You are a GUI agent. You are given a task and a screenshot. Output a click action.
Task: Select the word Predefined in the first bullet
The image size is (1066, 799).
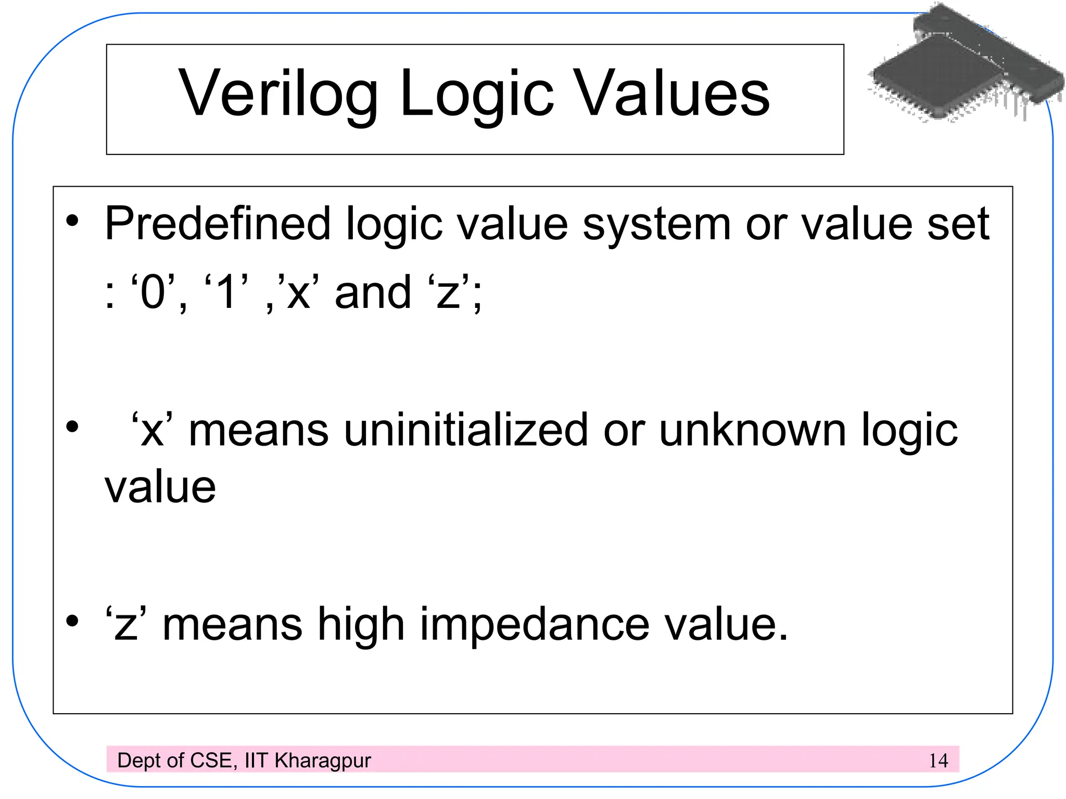(218, 224)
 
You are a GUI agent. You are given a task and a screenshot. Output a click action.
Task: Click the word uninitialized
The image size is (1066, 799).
(465, 430)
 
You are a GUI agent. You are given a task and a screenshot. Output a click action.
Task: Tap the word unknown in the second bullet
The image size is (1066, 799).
(753, 430)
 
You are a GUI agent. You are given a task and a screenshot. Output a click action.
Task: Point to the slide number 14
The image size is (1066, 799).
(938, 761)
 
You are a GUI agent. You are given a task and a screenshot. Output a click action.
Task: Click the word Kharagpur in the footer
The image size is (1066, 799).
(323, 761)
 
